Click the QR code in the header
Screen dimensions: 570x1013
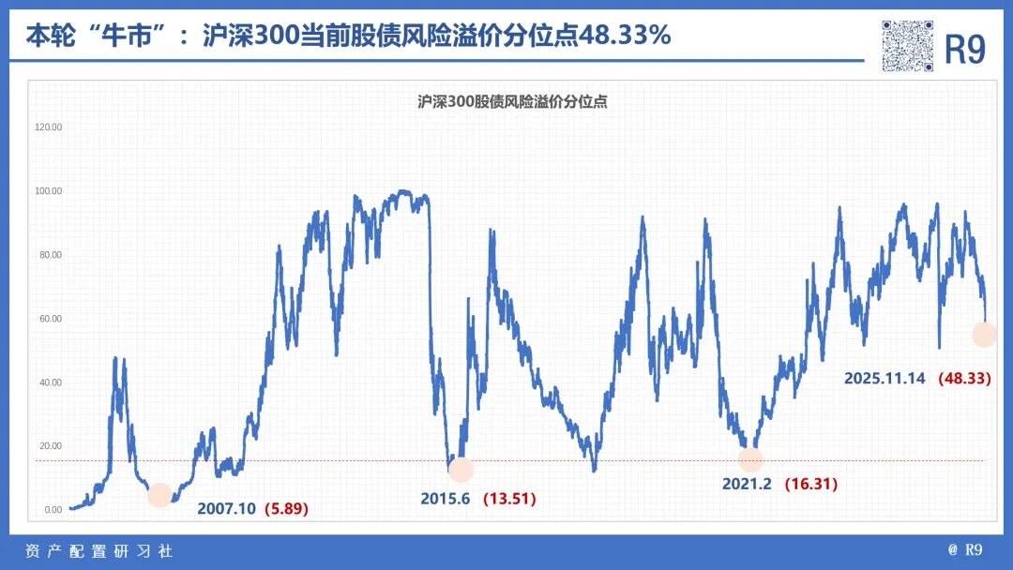[x=907, y=46]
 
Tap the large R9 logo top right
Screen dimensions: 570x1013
[x=964, y=50]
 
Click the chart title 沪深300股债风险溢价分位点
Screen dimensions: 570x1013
[x=512, y=102]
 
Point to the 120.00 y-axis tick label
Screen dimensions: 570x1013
[x=48, y=127]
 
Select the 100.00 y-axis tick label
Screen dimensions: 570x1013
[x=48, y=191]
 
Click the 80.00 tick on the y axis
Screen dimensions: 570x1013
[x=49, y=255]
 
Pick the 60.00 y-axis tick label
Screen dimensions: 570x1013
[x=49, y=319]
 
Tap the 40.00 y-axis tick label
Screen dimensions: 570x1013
[x=49, y=382]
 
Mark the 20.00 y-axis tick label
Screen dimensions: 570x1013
[x=49, y=446]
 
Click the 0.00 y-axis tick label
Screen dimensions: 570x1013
[x=51, y=510]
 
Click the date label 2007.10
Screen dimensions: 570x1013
[x=226, y=509]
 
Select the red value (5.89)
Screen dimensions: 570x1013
[x=286, y=509]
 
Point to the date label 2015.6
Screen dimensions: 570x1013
[x=446, y=499]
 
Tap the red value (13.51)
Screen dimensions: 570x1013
[x=509, y=499]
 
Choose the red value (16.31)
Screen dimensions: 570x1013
[x=810, y=484]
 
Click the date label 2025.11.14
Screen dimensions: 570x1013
[x=884, y=378]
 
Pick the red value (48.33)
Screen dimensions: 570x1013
[x=964, y=378]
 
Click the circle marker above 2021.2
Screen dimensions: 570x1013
[x=750, y=459]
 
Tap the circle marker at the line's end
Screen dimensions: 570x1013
[x=984, y=335]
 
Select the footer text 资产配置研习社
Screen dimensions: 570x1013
[x=98, y=551]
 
